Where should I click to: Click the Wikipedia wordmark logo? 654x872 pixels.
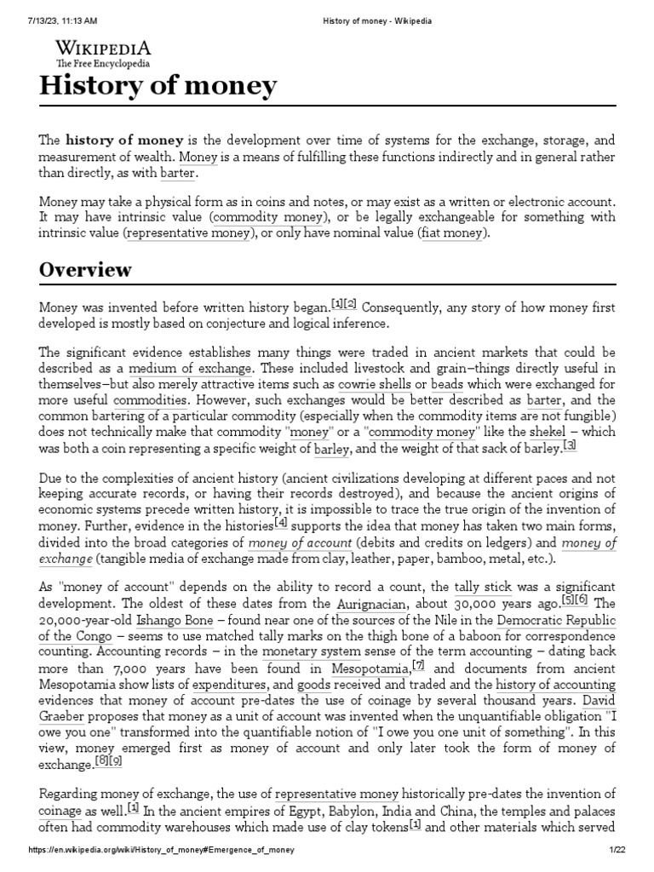(103, 48)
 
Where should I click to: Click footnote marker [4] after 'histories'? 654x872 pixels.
(281, 522)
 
